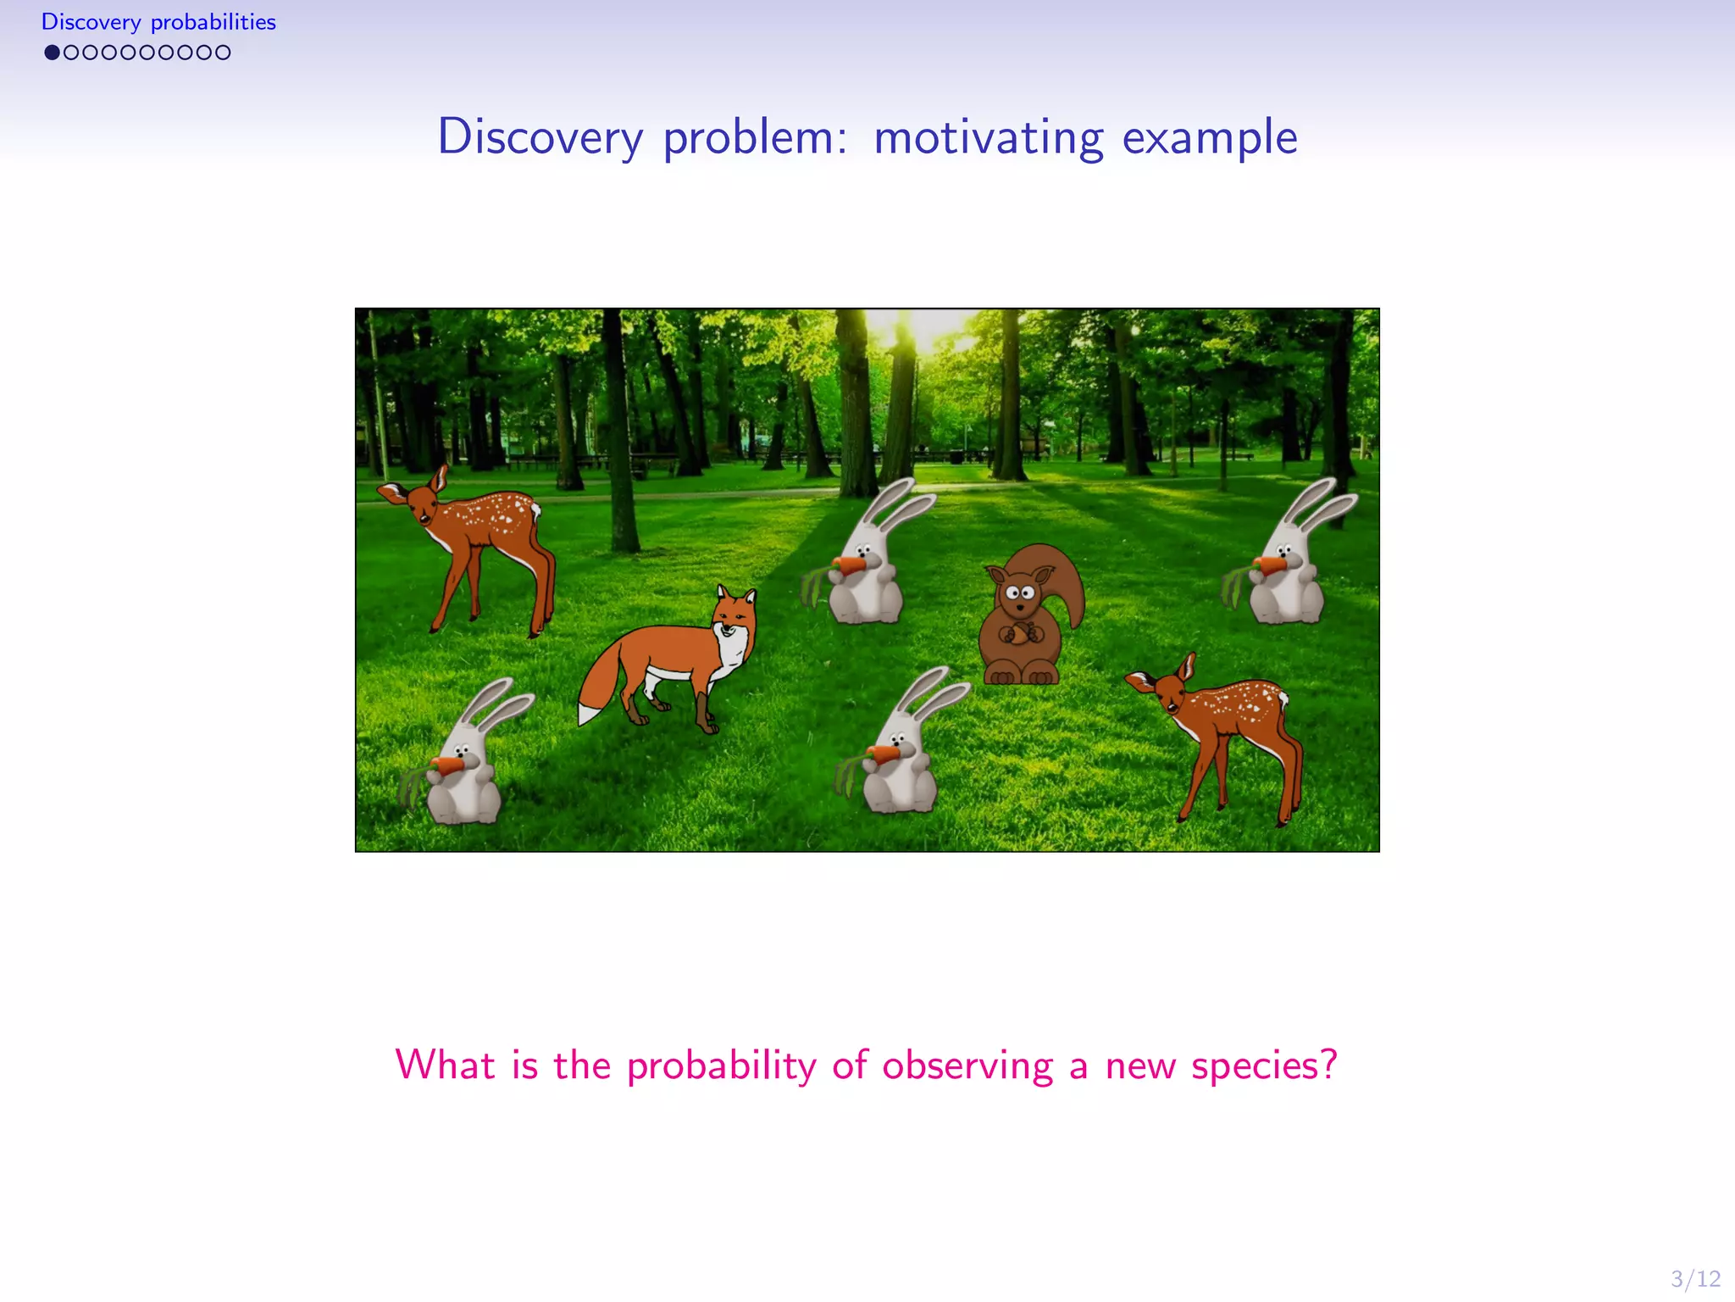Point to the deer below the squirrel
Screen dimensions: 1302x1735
[x=1220, y=729]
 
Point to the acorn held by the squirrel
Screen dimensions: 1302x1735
[x=1020, y=633]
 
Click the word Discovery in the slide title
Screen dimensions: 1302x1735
[x=540, y=137]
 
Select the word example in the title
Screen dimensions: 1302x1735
[x=1209, y=137]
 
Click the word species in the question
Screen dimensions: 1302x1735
[x=1264, y=1065]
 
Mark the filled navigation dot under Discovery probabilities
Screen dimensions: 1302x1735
[x=52, y=53]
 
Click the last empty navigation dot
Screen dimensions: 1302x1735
[x=223, y=53]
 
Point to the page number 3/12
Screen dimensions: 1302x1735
[x=1695, y=1278]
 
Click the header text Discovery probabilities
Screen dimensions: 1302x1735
[x=158, y=22]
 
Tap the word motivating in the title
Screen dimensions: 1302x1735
[x=989, y=137]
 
